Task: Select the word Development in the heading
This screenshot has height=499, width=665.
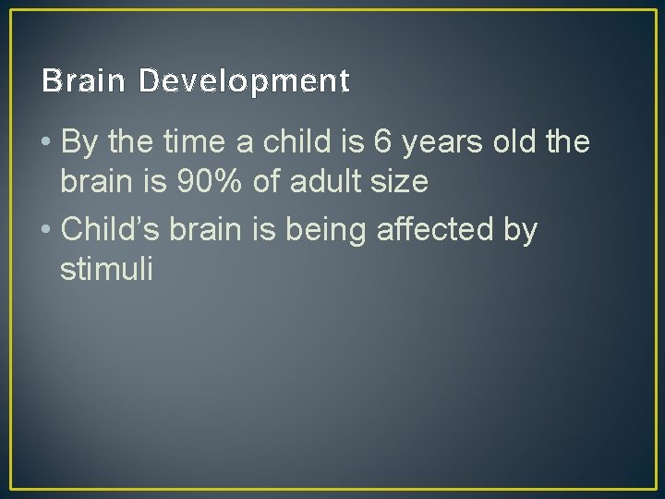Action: click(x=245, y=83)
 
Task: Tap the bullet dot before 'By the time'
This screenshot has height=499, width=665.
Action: click(x=48, y=144)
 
